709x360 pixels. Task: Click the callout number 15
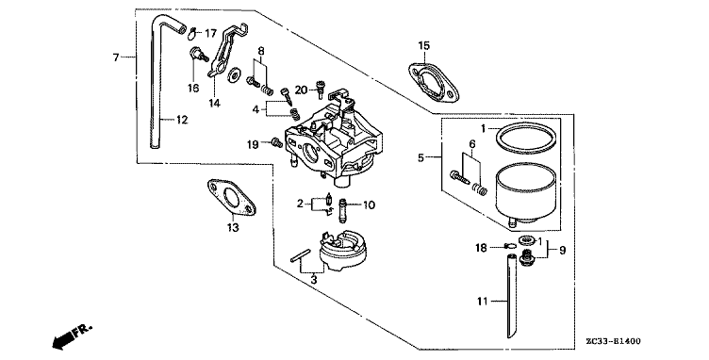[424, 45]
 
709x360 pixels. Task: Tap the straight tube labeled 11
[511, 296]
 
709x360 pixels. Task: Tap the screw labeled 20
[321, 89]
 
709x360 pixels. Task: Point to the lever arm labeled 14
[223, 52]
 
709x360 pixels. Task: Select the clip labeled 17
[193, 33]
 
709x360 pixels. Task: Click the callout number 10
[369, 205]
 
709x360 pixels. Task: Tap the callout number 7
[116, 57]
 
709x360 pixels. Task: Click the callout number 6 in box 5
[472, 144]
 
